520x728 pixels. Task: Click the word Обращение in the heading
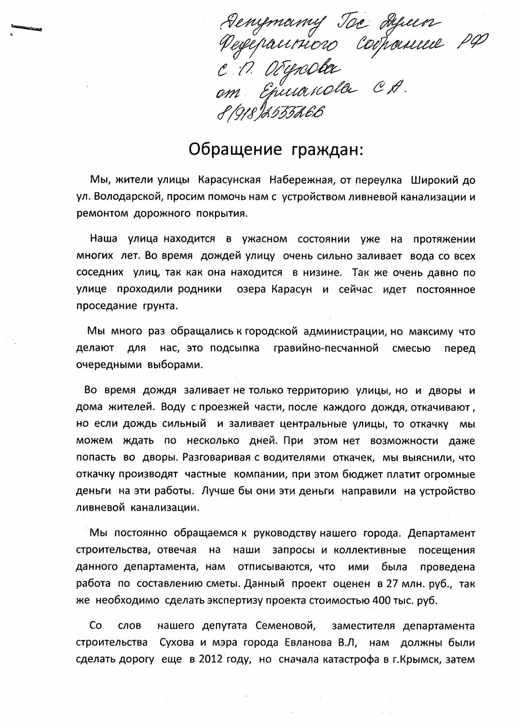(x=235, y=149)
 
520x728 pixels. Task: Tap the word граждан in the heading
(x=326, y=149)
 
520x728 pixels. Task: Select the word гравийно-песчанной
(x=326, y=348)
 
